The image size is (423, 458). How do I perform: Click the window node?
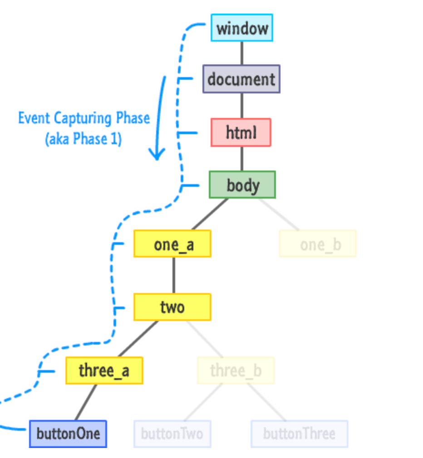pos(241,28)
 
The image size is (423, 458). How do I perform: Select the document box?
pos(241,79)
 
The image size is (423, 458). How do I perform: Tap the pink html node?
pos(241,132)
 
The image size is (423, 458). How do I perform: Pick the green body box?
pos(242,185)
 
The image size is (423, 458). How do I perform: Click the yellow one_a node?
pos(172,244)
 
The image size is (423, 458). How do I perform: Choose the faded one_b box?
pos(318,244)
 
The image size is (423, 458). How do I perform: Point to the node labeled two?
pos(172,307)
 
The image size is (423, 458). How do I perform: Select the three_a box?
pos(104,370)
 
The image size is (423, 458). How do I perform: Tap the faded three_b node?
pos(236,370)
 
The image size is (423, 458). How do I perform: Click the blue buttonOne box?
pos(68,434)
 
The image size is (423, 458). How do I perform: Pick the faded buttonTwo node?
pos(172,434)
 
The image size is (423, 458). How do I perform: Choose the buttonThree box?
pos(300,434)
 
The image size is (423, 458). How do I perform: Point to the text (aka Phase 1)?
pos(84,138)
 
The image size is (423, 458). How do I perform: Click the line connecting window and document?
pos(241,53)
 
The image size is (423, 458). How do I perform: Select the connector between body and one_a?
pos(210,214)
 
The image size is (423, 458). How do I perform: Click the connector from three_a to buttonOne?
pos(86,402)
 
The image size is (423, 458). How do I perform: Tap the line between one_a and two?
pos(173,275)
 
